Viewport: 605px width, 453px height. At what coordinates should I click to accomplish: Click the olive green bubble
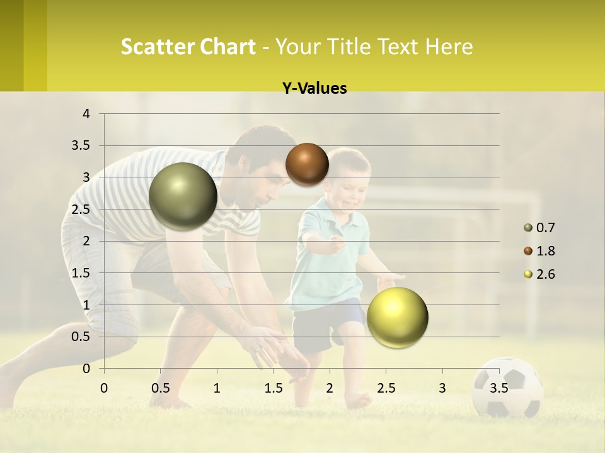[x=183, y=196]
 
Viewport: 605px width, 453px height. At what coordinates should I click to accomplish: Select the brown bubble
[x=307, y=164]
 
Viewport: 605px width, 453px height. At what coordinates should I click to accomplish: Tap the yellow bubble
[x=397, y=317]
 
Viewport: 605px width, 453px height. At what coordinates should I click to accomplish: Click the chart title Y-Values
[x=314, y=89]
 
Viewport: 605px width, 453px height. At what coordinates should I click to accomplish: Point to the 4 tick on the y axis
[x=87, y=114]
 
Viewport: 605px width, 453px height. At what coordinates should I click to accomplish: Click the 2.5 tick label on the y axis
[x=81, y=210]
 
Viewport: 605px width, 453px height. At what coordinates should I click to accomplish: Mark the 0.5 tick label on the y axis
[x=81, y=337]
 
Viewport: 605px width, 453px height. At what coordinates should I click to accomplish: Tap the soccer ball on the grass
[x=507, y=387]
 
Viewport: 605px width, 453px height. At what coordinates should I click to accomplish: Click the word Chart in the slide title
[x=228, y=47]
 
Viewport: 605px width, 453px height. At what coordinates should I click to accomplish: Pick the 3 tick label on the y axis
[x=87, y=177]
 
